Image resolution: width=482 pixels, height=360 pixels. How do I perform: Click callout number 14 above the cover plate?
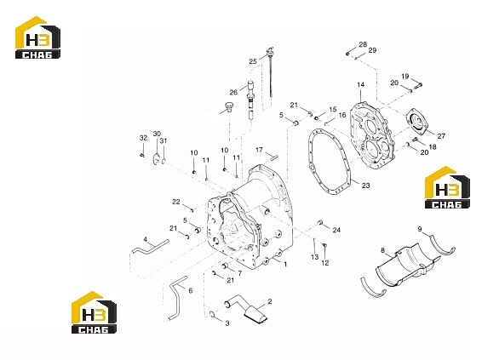[360, 84]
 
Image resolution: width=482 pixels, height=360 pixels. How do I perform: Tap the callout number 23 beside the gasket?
[366, 186]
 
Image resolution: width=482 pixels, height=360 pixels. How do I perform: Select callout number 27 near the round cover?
[441, 136]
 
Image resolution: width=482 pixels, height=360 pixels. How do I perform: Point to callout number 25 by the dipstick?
[253, 61]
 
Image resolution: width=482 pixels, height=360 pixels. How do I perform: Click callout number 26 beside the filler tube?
[233, 92]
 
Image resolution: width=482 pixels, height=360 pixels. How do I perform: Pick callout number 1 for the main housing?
[285, 264]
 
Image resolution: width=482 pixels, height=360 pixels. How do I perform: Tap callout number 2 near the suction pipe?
[270, 301]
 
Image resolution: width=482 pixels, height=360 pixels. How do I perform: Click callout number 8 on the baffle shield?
[382, 251]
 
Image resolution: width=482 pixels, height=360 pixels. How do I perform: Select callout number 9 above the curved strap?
[420, 229]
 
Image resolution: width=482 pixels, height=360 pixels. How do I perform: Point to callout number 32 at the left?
[143, 138]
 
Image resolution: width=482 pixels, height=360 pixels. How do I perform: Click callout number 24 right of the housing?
[336, 230]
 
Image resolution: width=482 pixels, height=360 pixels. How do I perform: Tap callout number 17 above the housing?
[259, 150]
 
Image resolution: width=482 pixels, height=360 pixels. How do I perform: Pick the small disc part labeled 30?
[157, 159]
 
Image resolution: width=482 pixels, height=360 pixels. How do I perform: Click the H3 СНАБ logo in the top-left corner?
[37, 37]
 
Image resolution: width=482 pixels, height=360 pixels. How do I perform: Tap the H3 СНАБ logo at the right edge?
[447, 187]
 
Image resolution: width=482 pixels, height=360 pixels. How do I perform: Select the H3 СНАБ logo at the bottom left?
[94, 312]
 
